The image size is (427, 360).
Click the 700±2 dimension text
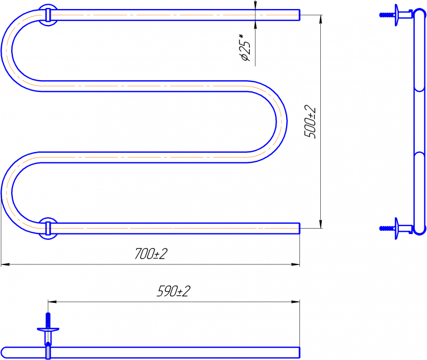[x=151, y=254]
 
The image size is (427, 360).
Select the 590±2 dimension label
[x=174, y=291]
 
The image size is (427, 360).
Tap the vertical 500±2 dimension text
[x=310, y=122]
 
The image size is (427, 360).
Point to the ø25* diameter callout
[x=244, y=47]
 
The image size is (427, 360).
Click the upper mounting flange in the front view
[x=48, y=15]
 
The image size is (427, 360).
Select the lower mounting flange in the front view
[x=48, y=229]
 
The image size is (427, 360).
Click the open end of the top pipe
[x=299, y=15]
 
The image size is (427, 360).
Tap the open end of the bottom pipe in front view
[x=299, y=229]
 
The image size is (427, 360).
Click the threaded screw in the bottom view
[x=48, y=320]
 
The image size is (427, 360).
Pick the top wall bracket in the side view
[x=397, y=15]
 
